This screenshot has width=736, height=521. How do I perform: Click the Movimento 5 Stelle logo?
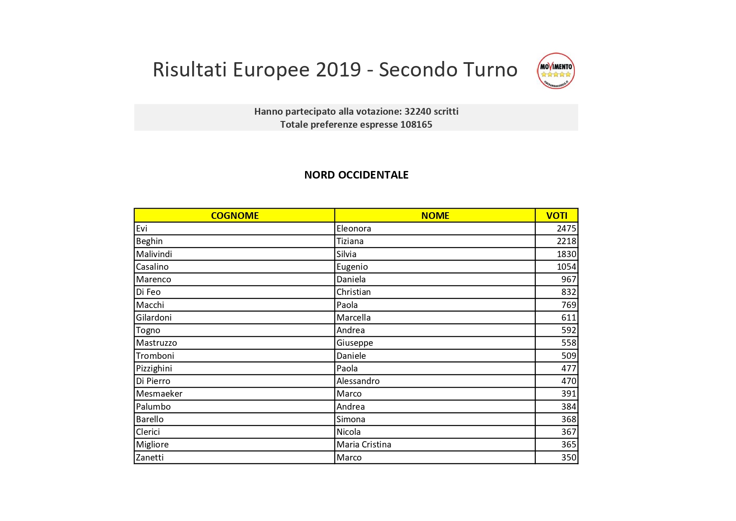click(556, 71)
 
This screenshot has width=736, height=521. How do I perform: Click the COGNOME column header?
click(235, 216)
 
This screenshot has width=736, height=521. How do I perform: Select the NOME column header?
click(435, 216)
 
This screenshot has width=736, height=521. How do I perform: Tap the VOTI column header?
click(556, 216)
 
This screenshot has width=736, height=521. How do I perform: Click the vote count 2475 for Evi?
click(566, 229)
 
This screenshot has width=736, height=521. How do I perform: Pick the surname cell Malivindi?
click(154, 254)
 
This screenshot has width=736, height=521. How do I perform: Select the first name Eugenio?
click(352, 267)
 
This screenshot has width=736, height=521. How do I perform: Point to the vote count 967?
click(569, 279)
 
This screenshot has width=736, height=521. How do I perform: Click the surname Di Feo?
click(148, 292)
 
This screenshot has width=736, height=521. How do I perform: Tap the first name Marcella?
click(353, 318)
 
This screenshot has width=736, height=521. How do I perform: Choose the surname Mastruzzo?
click(157, 343)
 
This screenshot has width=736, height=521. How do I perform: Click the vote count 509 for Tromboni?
click(569, 356)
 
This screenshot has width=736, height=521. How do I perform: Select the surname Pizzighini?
click(154, 368)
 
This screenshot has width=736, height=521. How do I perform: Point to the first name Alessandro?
click(358, 381)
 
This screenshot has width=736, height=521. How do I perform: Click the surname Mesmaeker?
click(159, 394)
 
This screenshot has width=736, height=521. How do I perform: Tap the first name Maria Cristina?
click(364, 445)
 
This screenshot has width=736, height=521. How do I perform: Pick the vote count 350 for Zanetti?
click(569, 458)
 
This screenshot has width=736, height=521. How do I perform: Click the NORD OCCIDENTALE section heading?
click(356, 175)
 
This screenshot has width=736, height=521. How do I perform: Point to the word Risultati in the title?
click(190, 70)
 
